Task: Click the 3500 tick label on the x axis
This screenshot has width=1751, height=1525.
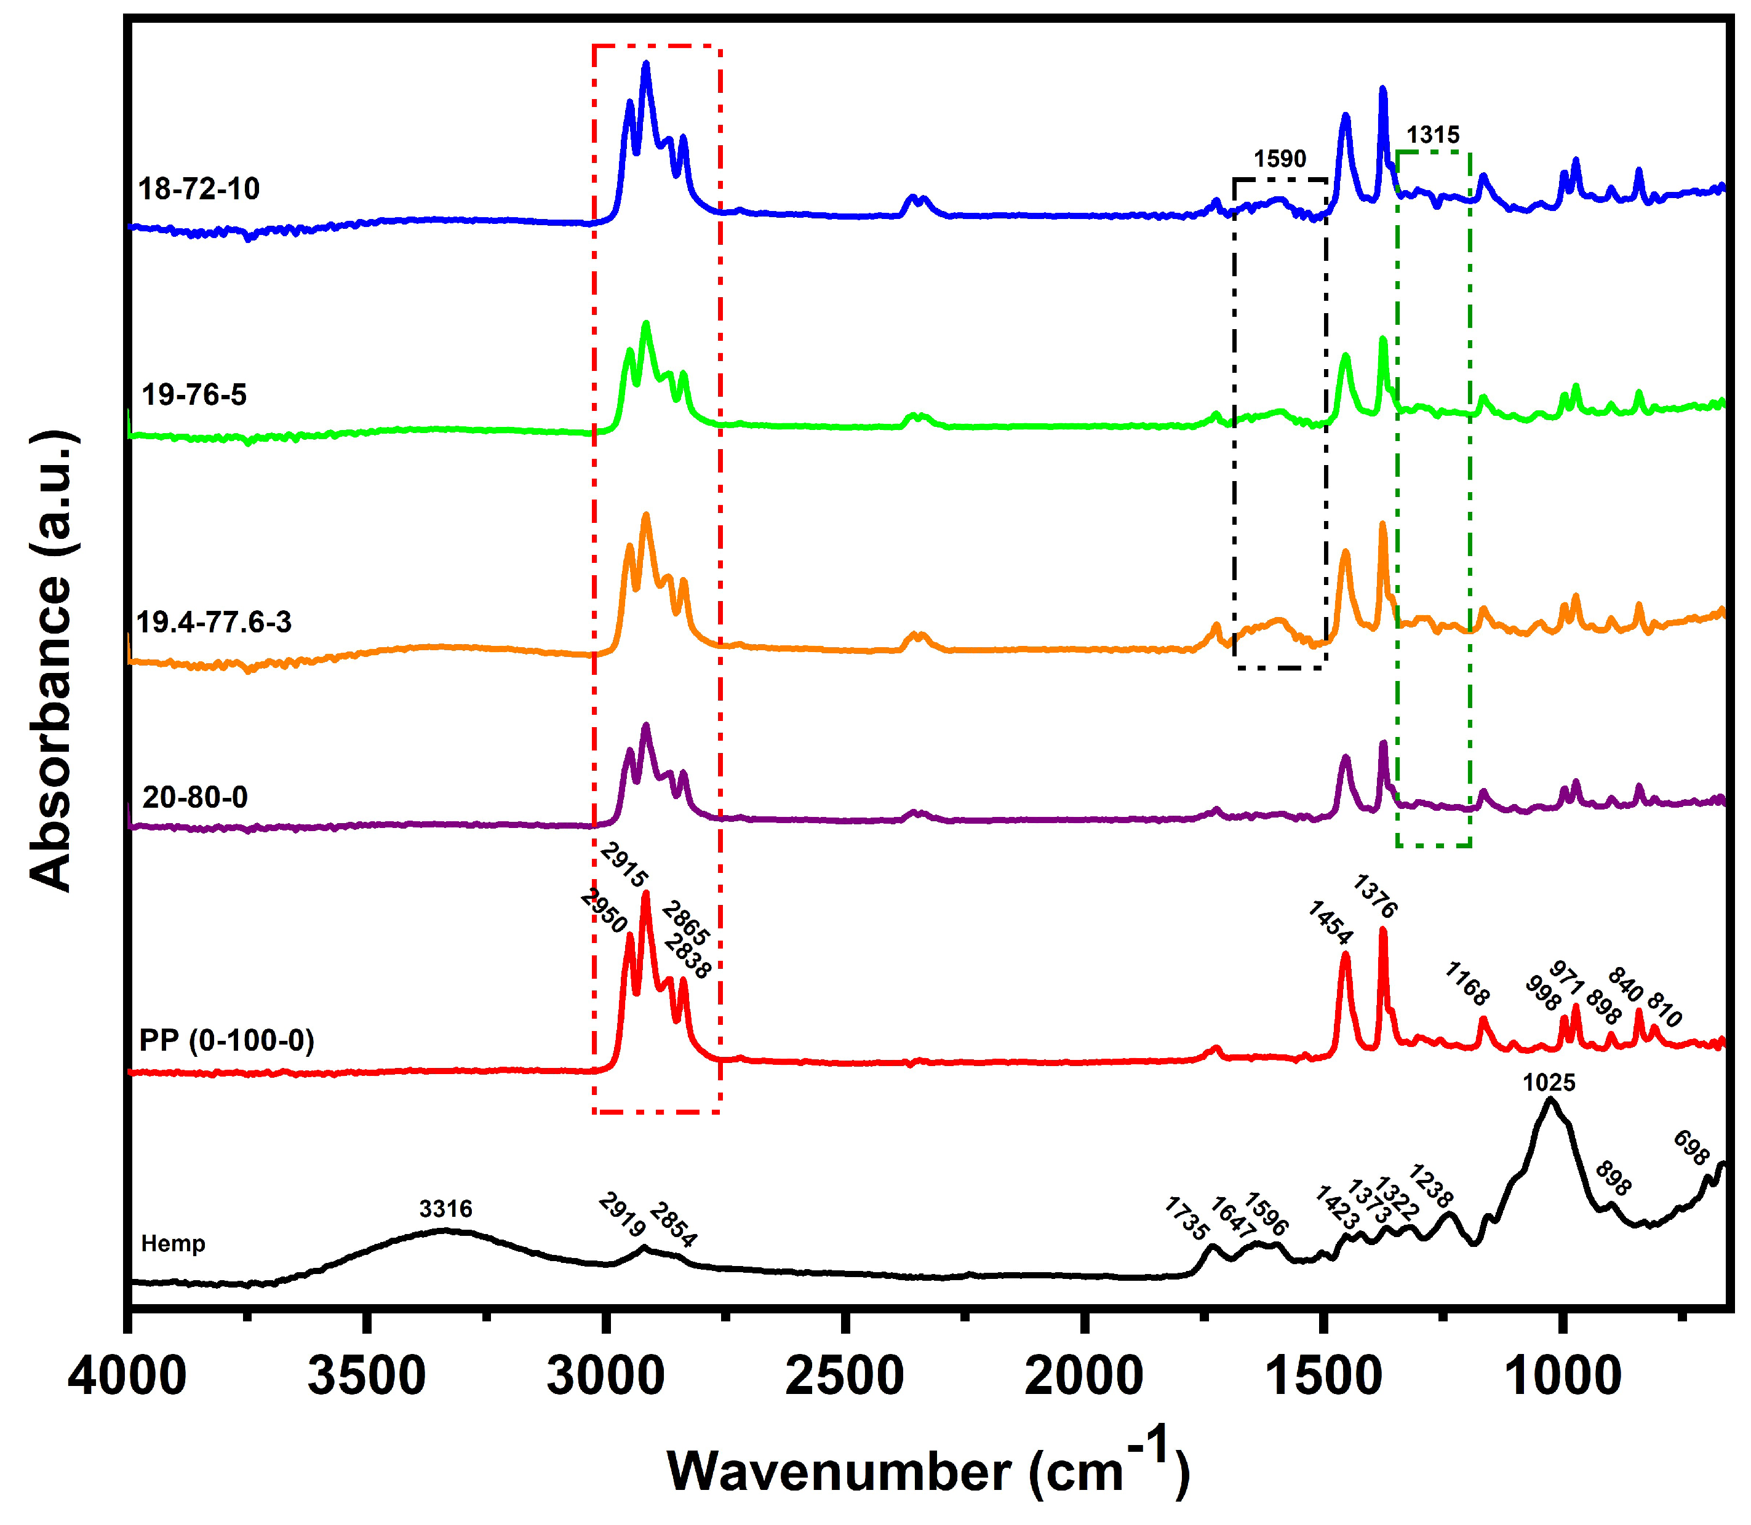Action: pyautogui.click(x=366, y=1377)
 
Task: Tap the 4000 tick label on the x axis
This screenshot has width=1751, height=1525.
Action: pyautogui.click(x=128, y=1377)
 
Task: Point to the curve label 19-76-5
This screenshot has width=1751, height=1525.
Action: pyautogui.click(x=194, y=395)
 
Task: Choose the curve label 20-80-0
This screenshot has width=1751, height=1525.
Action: pyautogui.click(x=195, y=797)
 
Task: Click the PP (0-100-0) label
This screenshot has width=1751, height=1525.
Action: pyautogui.click(x=226, y=1040)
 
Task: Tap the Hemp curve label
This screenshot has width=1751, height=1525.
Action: pyautogui.click(x=173, y=1244)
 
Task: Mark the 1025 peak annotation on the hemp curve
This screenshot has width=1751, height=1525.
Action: pyautogui.click(x=1549, y=1083)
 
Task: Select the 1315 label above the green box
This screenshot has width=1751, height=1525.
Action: pyautogui.click(x=1433, y=135)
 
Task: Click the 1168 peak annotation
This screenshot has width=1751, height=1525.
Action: pyautogui.click(x=1467, y=984)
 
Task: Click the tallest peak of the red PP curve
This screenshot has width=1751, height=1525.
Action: pyautogui.click(x=645, y=895)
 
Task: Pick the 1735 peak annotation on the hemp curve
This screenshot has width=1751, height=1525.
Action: pyautogui.click(x=1186, y=1219)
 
